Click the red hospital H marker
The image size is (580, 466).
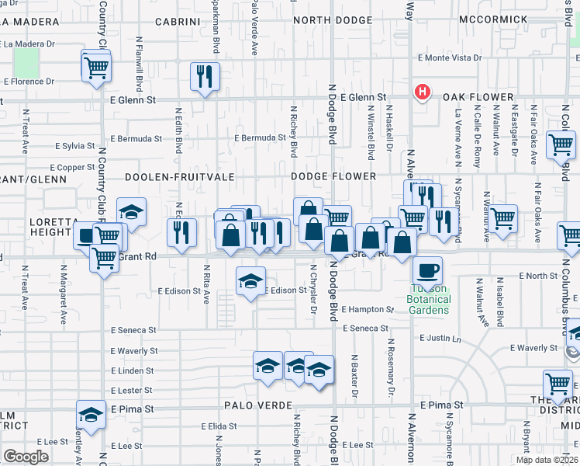[423, 92]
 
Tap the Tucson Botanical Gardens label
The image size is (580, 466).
[428, 304]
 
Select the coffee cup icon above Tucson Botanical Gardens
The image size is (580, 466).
[427, 271]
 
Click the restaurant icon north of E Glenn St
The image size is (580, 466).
[205, 76]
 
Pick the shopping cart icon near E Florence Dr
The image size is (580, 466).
[95, 66]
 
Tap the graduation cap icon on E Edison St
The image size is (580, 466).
[250, 281]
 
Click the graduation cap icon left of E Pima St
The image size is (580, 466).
[91, 415]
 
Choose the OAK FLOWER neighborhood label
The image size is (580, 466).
[478, 97]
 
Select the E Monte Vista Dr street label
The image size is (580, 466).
[450, 57]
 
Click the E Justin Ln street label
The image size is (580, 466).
[440, 338]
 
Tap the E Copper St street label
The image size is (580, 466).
[72, 167]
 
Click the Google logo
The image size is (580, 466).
[26, 457]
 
